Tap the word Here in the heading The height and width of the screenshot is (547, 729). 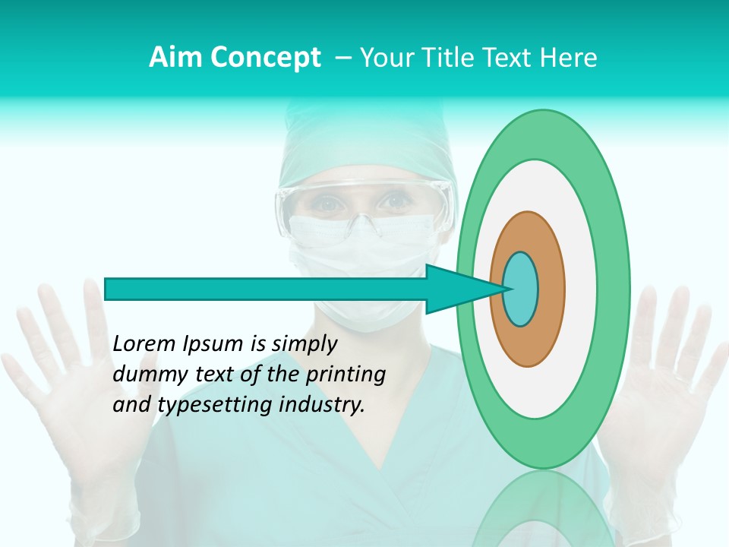point(569,57)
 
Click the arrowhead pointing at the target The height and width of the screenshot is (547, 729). point(456,289)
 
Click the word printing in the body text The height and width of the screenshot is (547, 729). point(346,375)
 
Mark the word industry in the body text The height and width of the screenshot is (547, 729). point(323,404)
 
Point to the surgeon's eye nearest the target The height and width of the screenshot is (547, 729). point(394,202)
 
